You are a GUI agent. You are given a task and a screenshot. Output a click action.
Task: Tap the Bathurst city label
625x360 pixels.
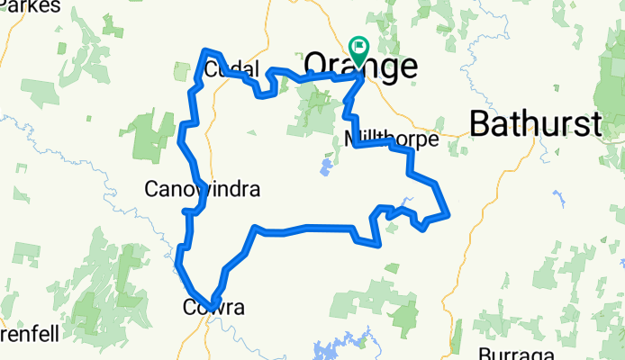pos(535,124)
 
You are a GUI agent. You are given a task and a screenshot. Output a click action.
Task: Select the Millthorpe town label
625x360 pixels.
pos(391,139)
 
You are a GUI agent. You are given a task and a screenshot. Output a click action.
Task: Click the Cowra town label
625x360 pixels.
pos(213,308)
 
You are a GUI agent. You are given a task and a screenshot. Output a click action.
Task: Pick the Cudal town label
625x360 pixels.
pos(231,69)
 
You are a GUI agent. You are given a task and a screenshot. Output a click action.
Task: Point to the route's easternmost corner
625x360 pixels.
pos(448,214)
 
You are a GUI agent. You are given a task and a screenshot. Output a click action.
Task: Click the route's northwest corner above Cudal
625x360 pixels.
pos(206,50)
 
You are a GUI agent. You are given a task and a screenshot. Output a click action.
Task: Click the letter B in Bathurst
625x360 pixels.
pos(480,124)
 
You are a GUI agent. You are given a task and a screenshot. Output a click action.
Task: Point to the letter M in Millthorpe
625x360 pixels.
pos(352,139)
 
